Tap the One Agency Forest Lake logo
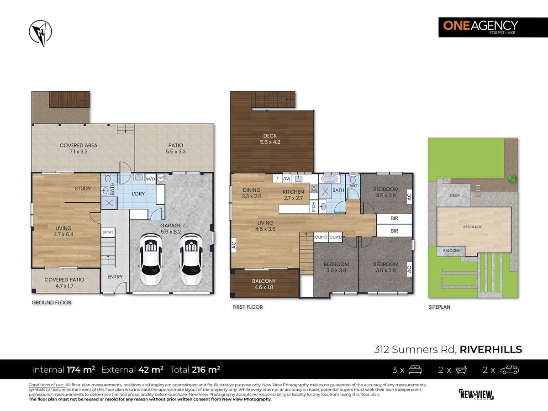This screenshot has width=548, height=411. click(x=479, y=27)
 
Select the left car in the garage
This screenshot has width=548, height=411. click(x=150, y=259)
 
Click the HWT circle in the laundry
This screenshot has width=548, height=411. click(x=161, y=179)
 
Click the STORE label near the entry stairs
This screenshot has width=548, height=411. click(x=108, y=232)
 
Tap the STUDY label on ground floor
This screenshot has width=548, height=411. click(x=83, y=189)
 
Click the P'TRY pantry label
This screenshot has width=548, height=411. click(x=314, y=206)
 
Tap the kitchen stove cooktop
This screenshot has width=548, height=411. click(x=314, y=190)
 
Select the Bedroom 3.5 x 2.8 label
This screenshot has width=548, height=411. click(x=385, y=192)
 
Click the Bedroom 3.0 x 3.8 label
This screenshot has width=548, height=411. click(x=336, y=267)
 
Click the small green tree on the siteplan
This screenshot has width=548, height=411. click(x=511, y=179)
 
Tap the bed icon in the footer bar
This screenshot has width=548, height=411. click(x=414, y=369)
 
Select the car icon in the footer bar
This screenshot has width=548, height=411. click(x=509, y=369)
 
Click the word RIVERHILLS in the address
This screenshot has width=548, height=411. click(x=491, y=350)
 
